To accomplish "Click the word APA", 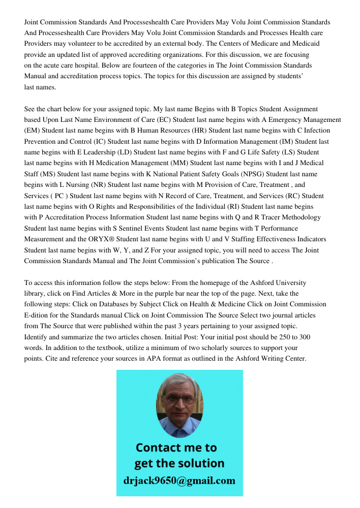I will tap(146, 359).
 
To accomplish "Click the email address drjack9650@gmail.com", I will tap(179, 481).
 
